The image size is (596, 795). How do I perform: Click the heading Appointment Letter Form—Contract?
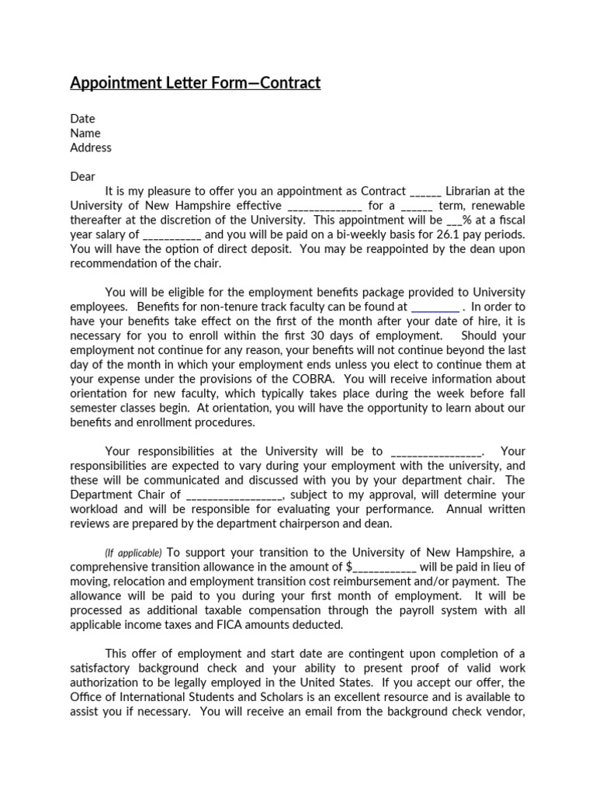(195, 82)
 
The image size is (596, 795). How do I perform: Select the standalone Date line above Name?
(82, 119)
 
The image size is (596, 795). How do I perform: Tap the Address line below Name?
(91, 148)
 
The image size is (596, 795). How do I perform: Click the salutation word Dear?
(83, 176)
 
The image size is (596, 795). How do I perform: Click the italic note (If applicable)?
(133, 553)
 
